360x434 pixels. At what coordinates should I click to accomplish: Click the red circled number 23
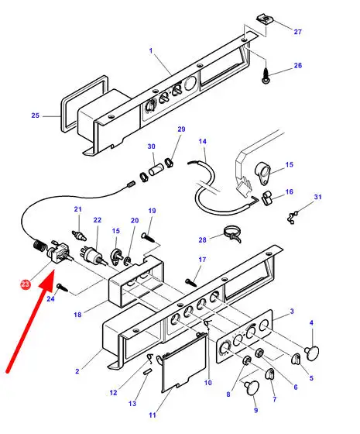[x=25, y=284]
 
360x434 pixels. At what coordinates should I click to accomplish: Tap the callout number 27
[x=297, y=32]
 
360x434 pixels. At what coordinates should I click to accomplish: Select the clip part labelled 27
[x=265, y=19]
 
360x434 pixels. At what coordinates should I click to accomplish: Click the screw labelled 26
[x=266, y=77]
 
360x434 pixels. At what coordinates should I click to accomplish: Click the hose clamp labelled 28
[x=233, y=234]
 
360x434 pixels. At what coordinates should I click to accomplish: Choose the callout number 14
[x=202, y=141]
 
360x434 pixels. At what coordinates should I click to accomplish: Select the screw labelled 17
[x=191, y=283]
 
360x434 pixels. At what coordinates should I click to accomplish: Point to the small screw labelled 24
[x=62, y=288]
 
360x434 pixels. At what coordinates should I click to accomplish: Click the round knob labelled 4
[x=312, y=353]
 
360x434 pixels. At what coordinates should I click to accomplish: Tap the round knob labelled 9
[x=252, y=387]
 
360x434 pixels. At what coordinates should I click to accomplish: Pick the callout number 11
[x=153, y=415]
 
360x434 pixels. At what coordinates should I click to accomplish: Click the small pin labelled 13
[x=147, y=372]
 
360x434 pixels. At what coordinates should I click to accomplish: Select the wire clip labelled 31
[x=293, y=217]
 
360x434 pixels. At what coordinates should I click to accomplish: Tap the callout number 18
[x=77, y=315]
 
